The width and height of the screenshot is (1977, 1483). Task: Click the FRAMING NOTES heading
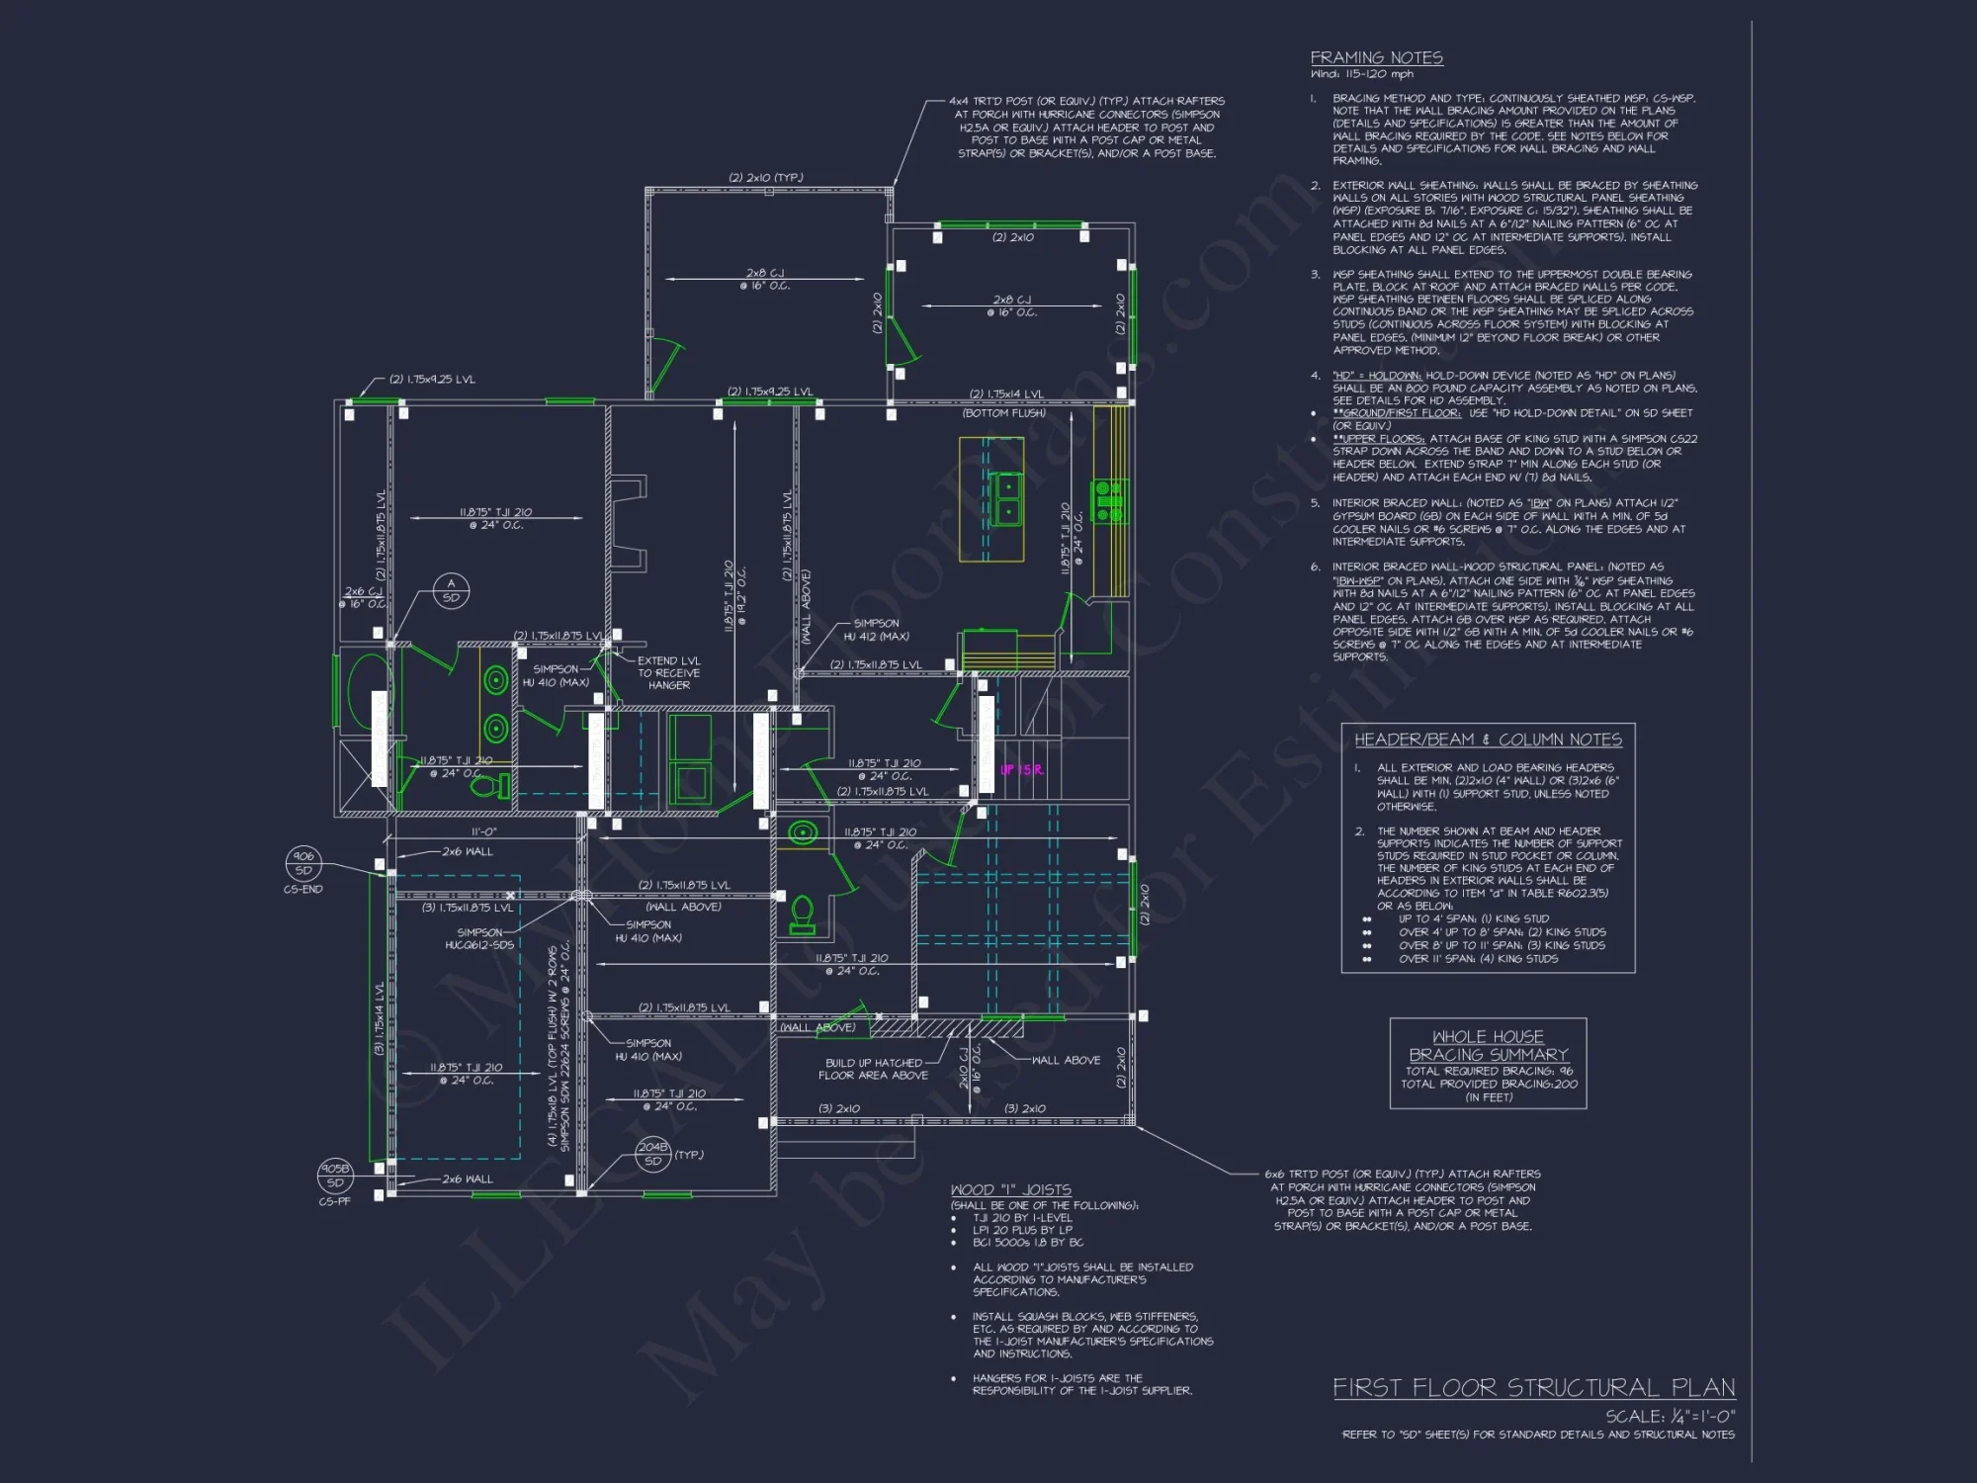(1376, 58)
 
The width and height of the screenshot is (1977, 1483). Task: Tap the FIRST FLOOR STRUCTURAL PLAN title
(1533, 1388)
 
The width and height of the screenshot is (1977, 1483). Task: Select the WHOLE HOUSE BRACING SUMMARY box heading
(1488, 1045)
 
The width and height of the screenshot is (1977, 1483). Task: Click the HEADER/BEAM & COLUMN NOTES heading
(1488, 740)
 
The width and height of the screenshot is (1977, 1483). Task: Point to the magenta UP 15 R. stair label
(1021, 769)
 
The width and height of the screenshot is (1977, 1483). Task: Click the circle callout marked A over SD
(451, 591)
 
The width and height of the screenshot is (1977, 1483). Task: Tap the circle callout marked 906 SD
(303, 863)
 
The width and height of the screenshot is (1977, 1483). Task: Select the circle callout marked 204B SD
(652, 1154)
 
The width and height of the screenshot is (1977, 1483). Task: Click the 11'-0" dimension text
(483, 832)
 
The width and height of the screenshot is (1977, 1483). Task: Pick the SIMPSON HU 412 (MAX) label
(876, 630)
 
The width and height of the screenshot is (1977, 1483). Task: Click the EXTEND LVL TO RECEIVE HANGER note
(668, 672)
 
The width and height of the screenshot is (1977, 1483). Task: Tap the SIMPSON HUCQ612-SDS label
(484, 938)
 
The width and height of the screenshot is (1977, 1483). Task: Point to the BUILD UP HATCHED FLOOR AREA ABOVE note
(873, 1069)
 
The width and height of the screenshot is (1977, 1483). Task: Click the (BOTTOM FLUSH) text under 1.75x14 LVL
(1003, 413)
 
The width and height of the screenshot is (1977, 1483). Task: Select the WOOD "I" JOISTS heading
(1010, 1190)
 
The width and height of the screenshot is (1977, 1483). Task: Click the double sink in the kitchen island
(1006, 499)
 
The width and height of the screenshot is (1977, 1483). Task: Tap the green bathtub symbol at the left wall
(367, 688)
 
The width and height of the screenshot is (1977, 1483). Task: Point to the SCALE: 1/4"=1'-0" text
(1670, 1417)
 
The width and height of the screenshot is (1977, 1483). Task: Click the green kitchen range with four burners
(1108, 501)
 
